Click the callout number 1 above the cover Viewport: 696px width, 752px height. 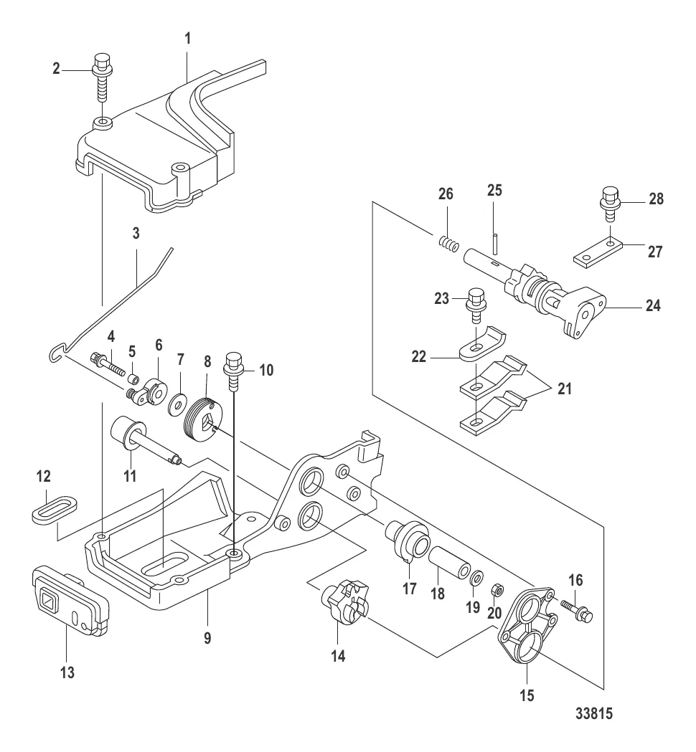[188, 39]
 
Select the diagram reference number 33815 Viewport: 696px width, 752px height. [594, 713]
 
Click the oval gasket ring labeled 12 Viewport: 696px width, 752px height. [55, 508]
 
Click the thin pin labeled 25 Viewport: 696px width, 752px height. [495, 244]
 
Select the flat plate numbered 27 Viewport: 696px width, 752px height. [598, 252]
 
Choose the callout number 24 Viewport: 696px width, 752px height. [653, 305]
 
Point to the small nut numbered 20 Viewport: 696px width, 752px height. [498, 589]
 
